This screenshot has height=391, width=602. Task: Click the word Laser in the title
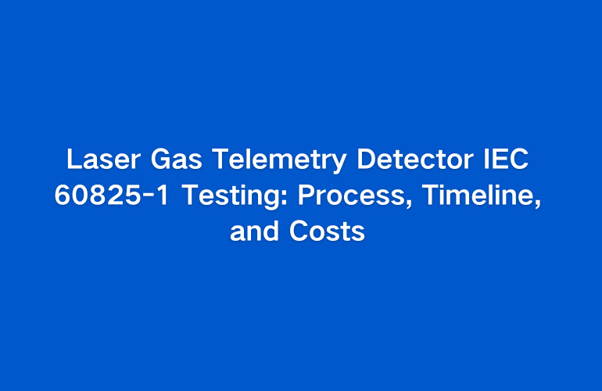click(x=104, y=159)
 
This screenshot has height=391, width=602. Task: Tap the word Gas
click(x=176, y=159)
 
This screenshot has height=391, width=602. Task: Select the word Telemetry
click(x=279, y=161)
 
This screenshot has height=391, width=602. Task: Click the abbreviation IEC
click(x=506, y=159)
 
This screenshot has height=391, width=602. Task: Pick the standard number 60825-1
click(x=111, y=195)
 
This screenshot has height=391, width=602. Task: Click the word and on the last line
click(x=254, y=231)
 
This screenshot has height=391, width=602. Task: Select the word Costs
click(x=327, y=231)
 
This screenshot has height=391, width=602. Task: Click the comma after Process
click(x=408, y=204)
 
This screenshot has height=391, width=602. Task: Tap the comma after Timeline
click(x=538, y=204)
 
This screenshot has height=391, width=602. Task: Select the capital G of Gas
click(x=160, y=159)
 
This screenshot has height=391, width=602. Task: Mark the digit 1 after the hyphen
click(x=163, y=195)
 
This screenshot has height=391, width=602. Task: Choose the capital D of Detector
click(x=366, y=159)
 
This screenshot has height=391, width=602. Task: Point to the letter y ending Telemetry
click(x=339, y=163)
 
